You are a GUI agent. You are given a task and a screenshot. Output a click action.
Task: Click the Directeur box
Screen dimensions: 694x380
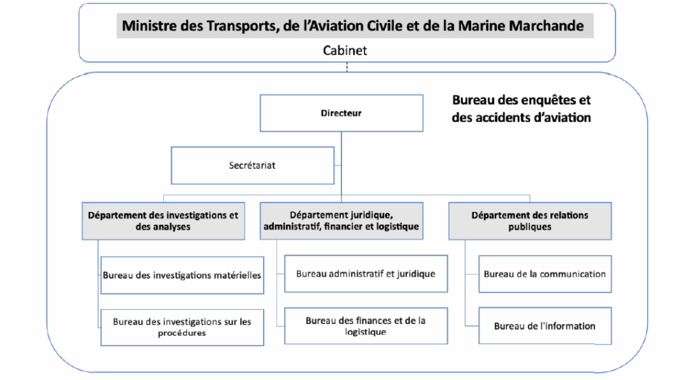(342, 113)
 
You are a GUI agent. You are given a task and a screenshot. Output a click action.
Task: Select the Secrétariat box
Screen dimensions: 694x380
(252, 165)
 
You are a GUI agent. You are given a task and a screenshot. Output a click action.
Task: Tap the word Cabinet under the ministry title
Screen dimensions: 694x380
(345, 50)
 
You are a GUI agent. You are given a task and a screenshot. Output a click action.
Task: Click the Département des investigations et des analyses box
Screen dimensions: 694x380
(163, 221)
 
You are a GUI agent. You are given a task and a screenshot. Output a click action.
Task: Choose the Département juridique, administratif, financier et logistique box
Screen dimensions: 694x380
(342, 221)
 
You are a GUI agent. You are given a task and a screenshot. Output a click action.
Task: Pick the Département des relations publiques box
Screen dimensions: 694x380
(530, 221)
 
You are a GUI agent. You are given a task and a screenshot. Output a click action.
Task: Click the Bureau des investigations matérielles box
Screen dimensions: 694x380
(182, 275)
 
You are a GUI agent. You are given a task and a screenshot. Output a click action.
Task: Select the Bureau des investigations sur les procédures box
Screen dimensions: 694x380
(182, 327)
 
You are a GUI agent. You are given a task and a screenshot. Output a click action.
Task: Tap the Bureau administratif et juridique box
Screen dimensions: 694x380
(366, 274)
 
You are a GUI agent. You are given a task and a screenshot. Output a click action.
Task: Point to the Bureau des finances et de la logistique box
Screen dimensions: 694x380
(366, 326)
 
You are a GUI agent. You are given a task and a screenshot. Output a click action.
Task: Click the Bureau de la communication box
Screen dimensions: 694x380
(545, 274)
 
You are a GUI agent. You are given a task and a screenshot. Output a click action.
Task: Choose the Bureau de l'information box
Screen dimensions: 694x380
(545, 326)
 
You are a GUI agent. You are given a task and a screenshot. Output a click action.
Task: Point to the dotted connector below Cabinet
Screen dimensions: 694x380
(347, 67)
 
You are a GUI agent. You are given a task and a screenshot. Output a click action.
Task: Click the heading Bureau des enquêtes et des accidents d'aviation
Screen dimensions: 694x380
(521, 109)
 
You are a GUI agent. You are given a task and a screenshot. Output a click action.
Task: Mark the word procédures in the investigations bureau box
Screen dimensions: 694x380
(182, 333)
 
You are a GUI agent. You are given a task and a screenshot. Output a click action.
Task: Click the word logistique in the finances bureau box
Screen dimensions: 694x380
(365, 332)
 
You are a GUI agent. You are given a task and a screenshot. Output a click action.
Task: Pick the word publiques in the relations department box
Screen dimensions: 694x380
(530, 227)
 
